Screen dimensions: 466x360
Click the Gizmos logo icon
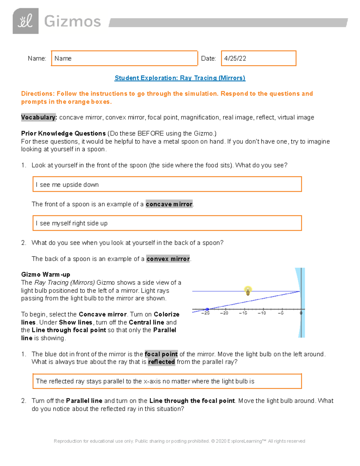coord(25,21)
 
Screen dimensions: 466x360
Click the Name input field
coord(124,58)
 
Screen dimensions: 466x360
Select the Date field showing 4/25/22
coord(258,58)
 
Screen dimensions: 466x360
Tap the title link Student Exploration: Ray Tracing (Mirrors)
coord(180,78)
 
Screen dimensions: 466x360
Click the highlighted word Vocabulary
coord(39,117)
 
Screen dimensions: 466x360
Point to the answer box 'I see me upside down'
coord(167,184)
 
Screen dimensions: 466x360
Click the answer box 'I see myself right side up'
coord(167,223)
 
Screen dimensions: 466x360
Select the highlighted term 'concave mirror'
coord(169,204)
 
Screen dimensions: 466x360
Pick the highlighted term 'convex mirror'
coord(168,259)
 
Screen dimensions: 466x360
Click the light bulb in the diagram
coord(248,291)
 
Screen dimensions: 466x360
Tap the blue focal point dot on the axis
coord(207,309)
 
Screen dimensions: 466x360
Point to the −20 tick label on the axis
coord(224,313)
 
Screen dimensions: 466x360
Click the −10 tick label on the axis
coord(262,313)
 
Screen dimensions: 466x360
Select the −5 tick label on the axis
coord(280,313)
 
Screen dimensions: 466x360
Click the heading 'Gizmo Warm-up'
coord(46,274)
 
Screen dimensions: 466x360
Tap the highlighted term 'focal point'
coord(161,354)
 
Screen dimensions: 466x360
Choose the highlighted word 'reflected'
coord(161,362)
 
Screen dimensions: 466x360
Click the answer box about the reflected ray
coord(167,381)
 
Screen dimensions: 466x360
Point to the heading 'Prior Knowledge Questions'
coord(63,133)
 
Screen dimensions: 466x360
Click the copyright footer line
coord(179,441)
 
